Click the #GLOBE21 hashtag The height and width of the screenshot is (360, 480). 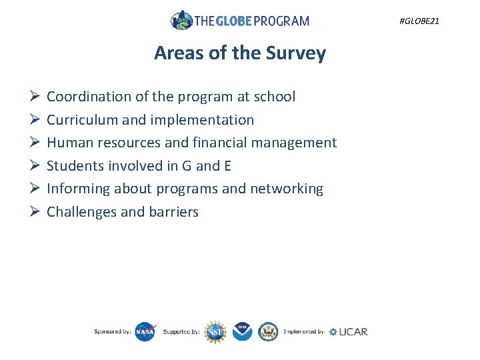tap(419, 21)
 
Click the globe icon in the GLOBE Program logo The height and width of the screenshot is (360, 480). tap(181, 20)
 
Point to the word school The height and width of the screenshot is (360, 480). tap(275, 97)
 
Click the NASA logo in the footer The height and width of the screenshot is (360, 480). tap(145, 331)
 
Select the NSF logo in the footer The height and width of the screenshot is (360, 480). tap(215, 331)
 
